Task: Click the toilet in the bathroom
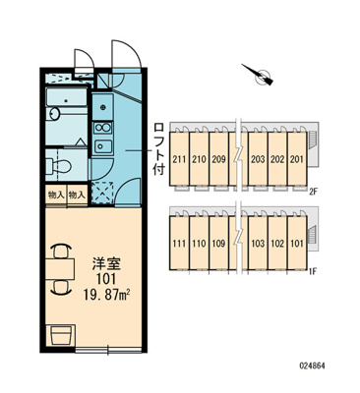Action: point(59,165)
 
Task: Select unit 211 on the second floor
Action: point(179,159)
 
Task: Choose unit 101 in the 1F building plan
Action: point(297,244)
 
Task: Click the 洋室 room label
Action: point(105,264)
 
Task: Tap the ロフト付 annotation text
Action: point(159,148)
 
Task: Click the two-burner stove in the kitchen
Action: point(103,128)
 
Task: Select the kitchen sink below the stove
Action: point(103,145)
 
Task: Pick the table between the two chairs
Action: point(60,269)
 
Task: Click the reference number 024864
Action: point(312,365)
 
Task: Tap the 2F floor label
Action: point(313,192)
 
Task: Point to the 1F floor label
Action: point(312,271)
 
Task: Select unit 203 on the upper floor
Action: point(258,159)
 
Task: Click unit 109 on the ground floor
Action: point(218,244)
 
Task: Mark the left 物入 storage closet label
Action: point(56,196)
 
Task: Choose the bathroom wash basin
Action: point(54,114)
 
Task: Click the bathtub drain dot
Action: point(67,100)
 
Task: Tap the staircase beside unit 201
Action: point(312,140)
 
